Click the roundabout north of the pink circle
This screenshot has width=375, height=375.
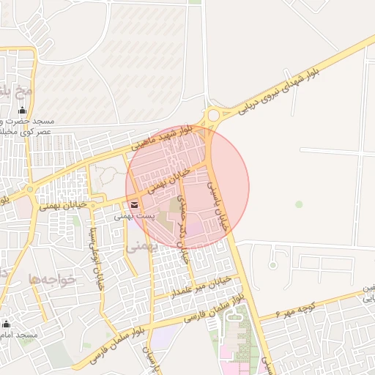tap(214, 115)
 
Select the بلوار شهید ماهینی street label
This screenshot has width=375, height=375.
tap(163, 138)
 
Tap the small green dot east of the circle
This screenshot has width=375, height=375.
tap(299, 204)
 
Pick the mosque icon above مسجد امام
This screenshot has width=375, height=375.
tap(7, 324)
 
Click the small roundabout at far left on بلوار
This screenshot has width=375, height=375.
tap(30, 189)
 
